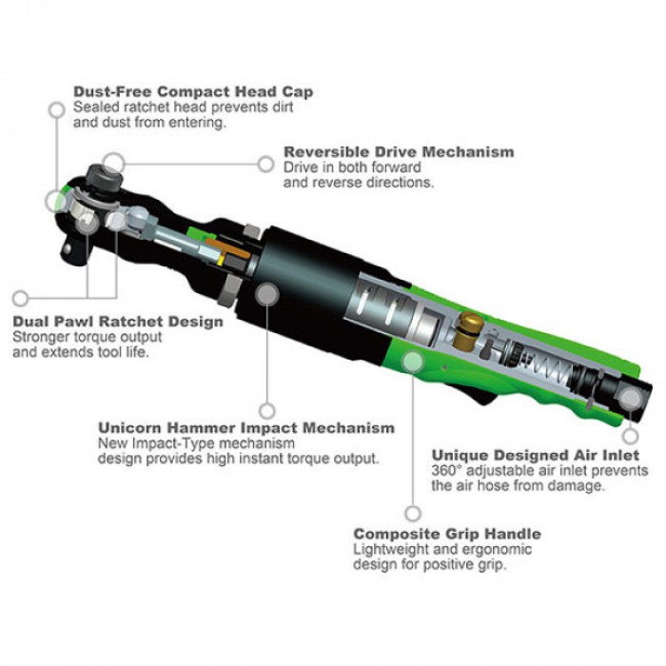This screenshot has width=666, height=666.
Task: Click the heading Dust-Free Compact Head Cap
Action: (193, 91)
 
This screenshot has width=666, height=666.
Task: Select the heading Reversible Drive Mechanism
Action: (399, 151)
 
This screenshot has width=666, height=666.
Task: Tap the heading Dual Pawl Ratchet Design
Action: (118, 322)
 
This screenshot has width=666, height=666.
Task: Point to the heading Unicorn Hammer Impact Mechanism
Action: (246, 427)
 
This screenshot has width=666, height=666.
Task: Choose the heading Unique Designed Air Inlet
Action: (536, 456)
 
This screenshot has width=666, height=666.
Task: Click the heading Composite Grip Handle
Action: (447, 534)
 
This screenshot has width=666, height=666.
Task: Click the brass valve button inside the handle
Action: (467, 331)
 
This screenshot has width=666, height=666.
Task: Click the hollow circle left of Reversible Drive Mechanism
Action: (265, 164)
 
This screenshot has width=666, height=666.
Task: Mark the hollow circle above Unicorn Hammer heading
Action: (266, 411)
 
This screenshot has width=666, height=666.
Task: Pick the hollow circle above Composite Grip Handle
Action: (413, 514)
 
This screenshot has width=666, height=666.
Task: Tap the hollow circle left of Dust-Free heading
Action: (56, 110)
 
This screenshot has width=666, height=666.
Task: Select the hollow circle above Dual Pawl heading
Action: (20, 298)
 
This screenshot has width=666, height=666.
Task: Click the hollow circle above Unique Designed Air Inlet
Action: (631, 436)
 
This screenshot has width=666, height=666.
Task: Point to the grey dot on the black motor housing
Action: (266, 294)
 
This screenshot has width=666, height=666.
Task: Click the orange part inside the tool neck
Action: (227, 248)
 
